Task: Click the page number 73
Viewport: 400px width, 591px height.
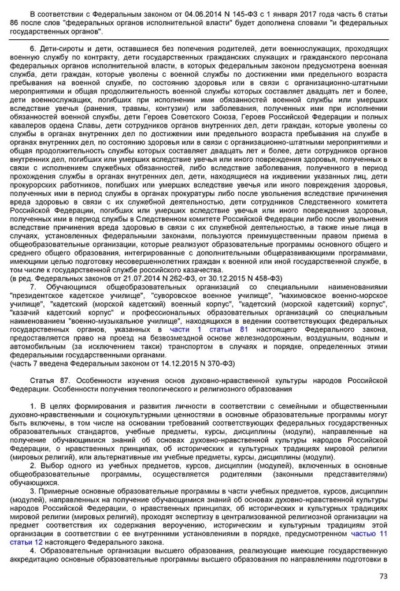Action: [x=383, y=575]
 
